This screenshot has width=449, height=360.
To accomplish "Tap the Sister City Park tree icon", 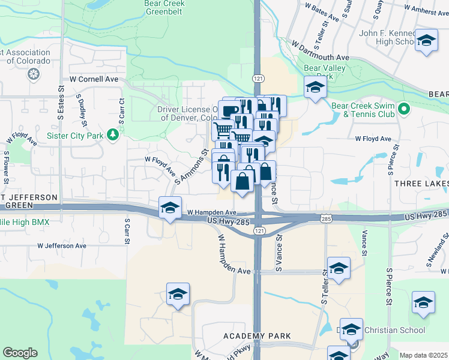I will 112,134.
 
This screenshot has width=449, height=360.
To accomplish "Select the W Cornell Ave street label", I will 94,79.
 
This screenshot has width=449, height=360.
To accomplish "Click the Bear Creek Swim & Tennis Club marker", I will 404,109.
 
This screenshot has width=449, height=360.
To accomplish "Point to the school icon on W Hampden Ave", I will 170,208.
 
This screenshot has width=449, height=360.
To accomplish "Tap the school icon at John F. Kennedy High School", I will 426,40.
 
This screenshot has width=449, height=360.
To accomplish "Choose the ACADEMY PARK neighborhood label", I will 257,336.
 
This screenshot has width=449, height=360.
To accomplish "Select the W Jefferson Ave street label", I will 62,245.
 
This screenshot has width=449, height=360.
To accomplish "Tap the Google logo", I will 20,353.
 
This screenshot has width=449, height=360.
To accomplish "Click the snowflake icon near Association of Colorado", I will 34,75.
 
